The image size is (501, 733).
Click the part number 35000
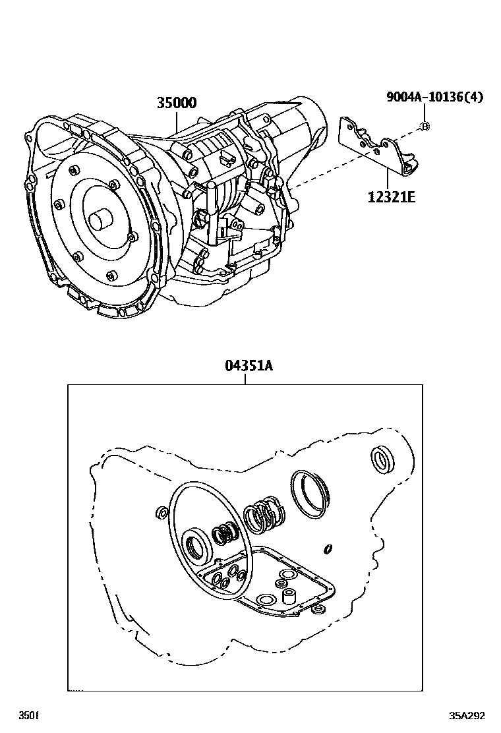176,103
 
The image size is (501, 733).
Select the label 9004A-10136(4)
434,97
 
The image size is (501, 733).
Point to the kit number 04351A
245,366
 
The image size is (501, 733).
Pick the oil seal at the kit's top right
382,459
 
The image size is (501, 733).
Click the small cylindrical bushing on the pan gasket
287,597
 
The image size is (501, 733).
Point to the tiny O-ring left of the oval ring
160,512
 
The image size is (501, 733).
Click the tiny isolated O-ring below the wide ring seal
328,548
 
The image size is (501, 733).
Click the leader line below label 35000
176,122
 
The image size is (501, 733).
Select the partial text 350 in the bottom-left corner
28,716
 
